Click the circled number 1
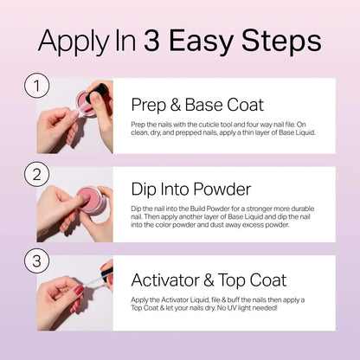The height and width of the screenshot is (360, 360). [35, 86]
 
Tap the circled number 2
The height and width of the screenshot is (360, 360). [35, 173]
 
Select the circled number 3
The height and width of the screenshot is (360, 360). [35, 260]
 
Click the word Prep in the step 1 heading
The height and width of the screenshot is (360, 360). [148, 106]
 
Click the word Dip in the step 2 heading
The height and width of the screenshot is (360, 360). [145, 190]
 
